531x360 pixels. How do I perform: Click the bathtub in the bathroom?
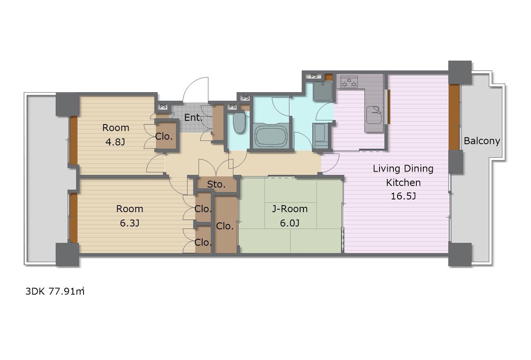pyautogui.click(x=271, y=136)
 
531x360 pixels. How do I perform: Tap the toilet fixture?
pyautogui.click(x=239, y=123)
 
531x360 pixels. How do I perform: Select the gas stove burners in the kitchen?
pyautogui.click(x=349, y=82)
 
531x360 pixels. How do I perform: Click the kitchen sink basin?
pyautogui.click(x=374, y=115)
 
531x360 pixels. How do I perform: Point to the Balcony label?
pyautogui.click(x=482, y=141)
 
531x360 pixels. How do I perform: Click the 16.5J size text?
pyautogui.click(x=403, y=196)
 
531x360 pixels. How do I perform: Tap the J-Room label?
pyautogui.click(x=290, y=209)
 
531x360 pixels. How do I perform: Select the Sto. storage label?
pyautogui.click(x=216, y=184)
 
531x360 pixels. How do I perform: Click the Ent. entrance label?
pyautogui.click(x=193, y=118)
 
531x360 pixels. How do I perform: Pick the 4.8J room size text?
pyautogui.click(x=115, y=142)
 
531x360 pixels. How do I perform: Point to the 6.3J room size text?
pyautogui.click(x=129, y=223)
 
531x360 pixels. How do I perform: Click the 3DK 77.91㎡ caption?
pyautogui.click(x=55, y=291)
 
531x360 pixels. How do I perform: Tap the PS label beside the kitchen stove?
pyautogui.click(x=314, y=76)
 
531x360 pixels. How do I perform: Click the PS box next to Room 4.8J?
pyautogui.click(x=163, y=106)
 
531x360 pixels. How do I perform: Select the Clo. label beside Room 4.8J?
pyautogui.click(x=164, y=136)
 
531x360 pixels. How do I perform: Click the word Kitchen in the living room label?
pyautogui.click(x=403, y=182)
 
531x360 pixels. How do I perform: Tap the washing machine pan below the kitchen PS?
pyautogui.click(x=323, y=91)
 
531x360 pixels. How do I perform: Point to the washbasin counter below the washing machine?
pyautogui.click(x=320, y=136)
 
